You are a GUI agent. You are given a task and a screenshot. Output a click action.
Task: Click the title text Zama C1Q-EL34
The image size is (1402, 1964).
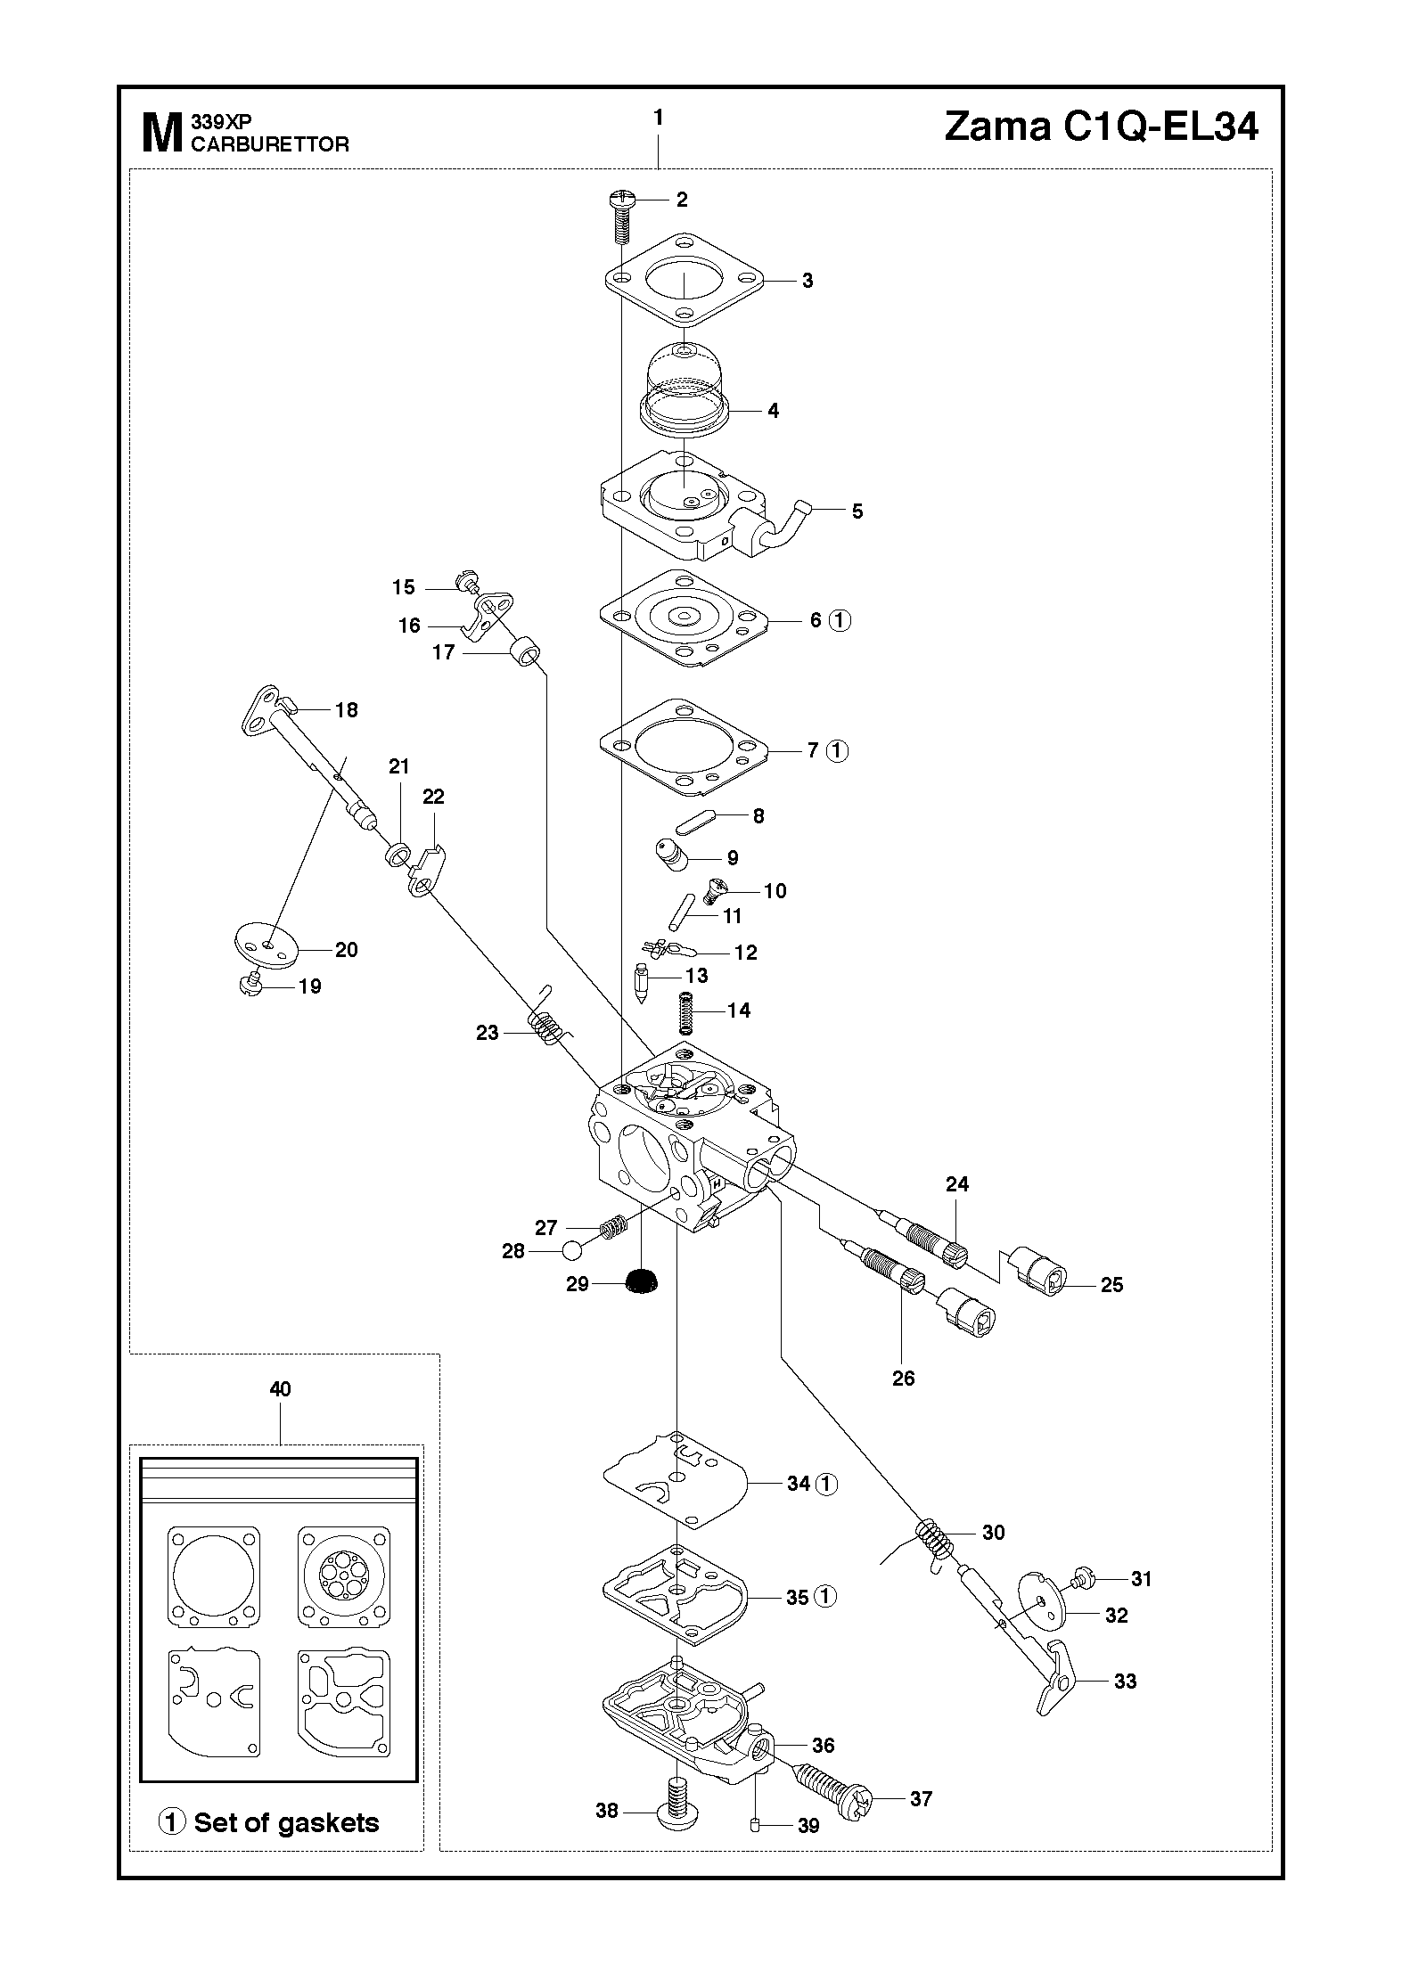tap(1101, 127)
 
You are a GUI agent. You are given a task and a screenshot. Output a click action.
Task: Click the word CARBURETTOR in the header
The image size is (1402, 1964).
tap(270, 144)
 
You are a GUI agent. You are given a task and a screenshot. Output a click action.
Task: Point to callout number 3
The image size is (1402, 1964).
tap(808, 281)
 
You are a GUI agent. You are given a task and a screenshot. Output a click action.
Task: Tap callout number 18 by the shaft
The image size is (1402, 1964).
tap(346, 710)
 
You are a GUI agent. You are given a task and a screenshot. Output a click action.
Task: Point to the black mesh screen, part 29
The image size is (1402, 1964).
tap(642, 1281)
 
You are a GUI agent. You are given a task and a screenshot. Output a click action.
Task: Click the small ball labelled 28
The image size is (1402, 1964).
tap(571, 1251)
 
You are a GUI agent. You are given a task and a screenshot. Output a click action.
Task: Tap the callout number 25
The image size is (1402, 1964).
tap(1111, 1285)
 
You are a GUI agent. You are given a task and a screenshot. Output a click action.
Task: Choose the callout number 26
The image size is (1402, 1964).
tap(903, 1379)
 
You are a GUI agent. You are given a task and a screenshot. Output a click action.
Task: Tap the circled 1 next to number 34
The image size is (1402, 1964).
tap(827, 1484)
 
